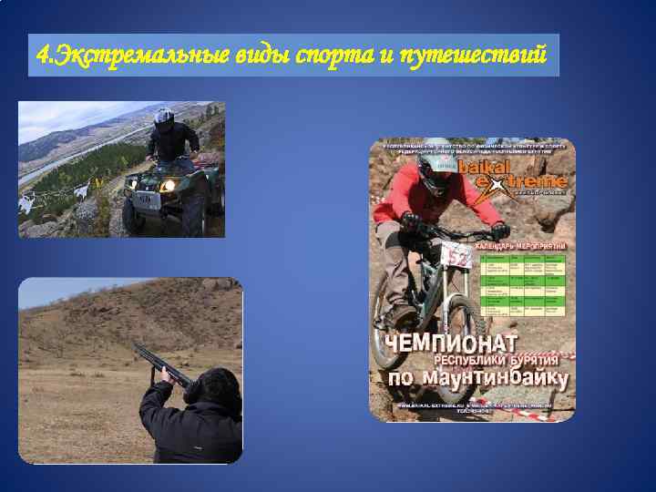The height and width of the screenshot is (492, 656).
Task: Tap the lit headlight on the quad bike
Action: (168, 186)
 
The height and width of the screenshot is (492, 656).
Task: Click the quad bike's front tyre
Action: (133, 215)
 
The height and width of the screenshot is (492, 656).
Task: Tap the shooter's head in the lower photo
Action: (206, 387)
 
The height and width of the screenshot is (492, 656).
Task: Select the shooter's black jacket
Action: (196, 432)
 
